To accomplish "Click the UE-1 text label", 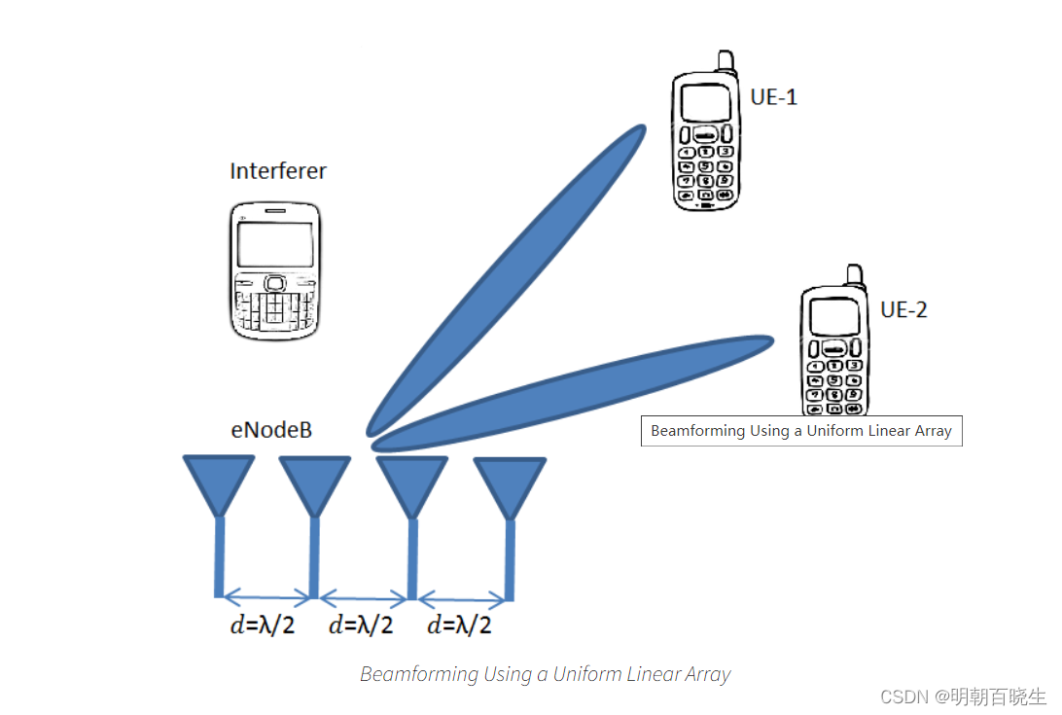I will [x=774, y=96].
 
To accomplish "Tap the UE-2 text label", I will [x=903, y=309].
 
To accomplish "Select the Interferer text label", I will [x=278, y=171].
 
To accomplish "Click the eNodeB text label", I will [x=271, y=429].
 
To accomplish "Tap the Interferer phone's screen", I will [x=276, y=243].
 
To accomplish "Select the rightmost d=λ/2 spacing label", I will [x=459, y=625].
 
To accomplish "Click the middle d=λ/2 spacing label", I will [x=361, y=625].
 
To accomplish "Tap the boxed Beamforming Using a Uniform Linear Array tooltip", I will [x=801, y=431].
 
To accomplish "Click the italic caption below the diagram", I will [x=545, y=674].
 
